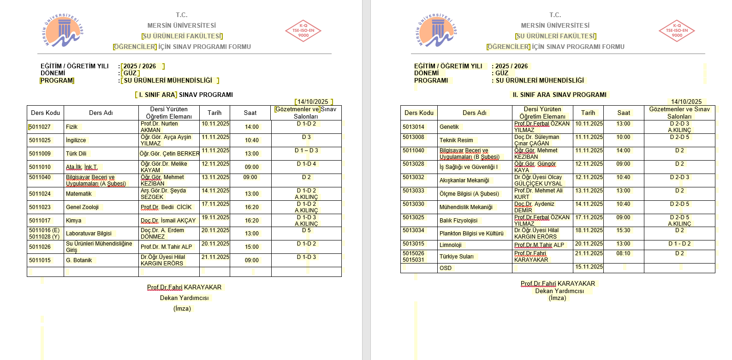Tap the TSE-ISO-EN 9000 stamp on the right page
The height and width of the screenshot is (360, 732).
coord(677,31)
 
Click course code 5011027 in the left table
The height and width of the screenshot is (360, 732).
coord(40,127)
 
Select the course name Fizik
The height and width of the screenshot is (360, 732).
coord(72,127)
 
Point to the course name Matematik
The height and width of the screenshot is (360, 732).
coord(79,194)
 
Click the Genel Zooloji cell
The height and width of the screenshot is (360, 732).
coord(83,207)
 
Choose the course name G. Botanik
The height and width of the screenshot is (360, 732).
coord(79,260)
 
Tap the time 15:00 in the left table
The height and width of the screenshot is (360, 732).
coord(252,247)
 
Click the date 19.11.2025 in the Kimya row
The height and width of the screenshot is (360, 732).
coord(215,217)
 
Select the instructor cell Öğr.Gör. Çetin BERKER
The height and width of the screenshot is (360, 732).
coord(169,154)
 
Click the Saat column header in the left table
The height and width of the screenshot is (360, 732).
coord(250,113)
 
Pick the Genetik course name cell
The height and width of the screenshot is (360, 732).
coord(449,127)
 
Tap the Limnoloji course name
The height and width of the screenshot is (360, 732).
coord(451,245)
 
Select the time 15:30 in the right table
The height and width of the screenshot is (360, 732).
coord(623,230)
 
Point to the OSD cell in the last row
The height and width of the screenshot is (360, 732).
coord(446,268)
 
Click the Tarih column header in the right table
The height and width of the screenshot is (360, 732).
coord(588,113)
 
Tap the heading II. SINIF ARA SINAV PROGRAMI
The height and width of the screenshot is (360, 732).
coord(559,95)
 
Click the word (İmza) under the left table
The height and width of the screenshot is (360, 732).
coord(182,308)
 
